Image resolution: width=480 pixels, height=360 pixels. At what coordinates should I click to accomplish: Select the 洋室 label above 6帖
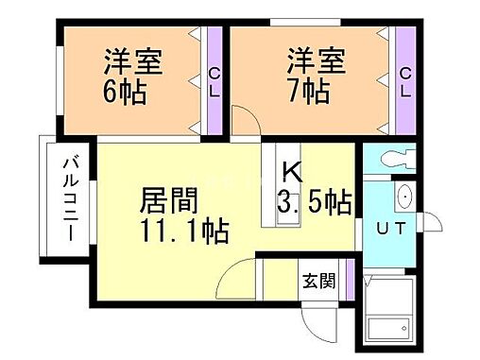(132, 65)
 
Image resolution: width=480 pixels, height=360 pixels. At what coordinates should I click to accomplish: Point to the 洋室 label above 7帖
(318, 65)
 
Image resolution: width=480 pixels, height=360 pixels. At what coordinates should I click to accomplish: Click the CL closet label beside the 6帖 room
(214, 83)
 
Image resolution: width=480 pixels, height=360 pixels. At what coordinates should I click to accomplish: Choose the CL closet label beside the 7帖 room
(405, 83)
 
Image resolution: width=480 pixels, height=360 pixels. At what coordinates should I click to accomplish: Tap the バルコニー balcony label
(70, 200)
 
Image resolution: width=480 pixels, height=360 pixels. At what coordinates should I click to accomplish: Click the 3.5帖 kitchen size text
(315, 201)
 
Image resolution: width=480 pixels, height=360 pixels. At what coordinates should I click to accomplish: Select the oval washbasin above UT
(405, 197)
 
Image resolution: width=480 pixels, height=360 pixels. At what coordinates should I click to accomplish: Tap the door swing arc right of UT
(434, 225)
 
